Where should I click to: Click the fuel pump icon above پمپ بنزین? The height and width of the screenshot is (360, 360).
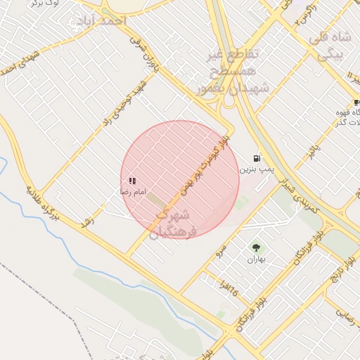(257, 158)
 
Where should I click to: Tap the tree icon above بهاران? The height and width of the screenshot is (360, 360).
(255, 247)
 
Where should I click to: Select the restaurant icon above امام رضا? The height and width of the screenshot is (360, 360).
(132, 181)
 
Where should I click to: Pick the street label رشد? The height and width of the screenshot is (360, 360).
(88, 221)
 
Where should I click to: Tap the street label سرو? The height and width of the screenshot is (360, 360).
(221, 249)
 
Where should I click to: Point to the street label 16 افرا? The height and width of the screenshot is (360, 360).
(229, 288)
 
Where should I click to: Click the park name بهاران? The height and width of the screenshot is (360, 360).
(253, 259)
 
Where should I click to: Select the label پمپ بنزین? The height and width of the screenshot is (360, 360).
(256, 169)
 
